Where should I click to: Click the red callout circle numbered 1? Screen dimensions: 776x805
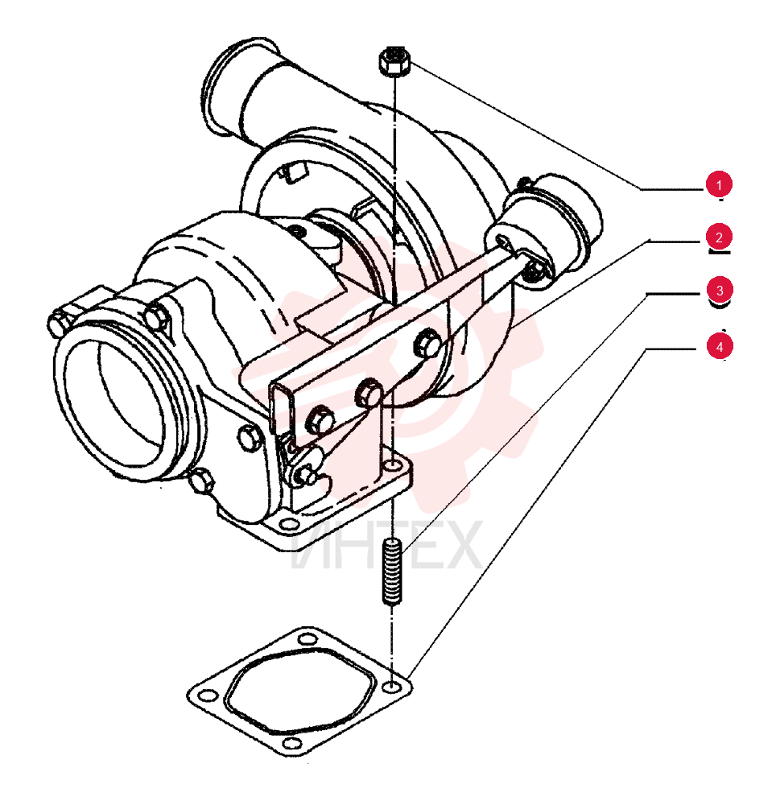click(x=719, y=184)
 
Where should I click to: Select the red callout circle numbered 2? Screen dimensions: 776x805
click(x=719, y=237)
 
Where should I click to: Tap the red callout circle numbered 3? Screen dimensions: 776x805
click(x=719, y=290)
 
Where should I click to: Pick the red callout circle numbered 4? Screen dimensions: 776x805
click(x=719, y=346)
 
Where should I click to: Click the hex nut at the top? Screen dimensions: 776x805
click(x=394, y=61)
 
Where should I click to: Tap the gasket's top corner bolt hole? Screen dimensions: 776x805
click(x=307, y=640)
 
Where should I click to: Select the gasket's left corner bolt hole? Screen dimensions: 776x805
click(x=208, y=696)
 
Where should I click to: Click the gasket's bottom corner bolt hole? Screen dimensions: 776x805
click(x=291, y=743)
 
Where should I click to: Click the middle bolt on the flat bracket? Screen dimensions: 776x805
click(x=369, y=393)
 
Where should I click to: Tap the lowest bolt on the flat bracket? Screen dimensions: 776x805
click(x=320, y=419)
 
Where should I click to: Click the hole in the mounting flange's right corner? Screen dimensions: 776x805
click(x=394, y=466)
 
